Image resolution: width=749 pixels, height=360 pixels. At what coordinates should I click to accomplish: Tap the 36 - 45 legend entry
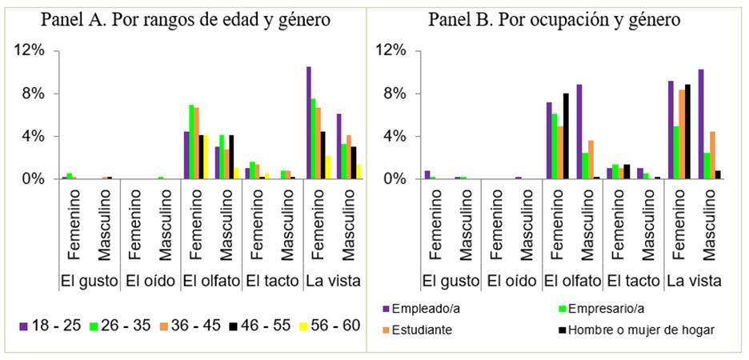tap(186, 326)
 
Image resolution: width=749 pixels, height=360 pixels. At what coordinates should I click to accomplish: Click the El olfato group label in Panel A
tap(210, 281)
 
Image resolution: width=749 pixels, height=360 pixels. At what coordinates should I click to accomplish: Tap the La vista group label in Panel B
tap(695, 281)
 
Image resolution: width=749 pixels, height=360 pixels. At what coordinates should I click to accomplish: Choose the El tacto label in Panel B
tap(633, 281)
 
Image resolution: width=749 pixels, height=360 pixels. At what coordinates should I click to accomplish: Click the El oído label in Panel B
tap(512, 281)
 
